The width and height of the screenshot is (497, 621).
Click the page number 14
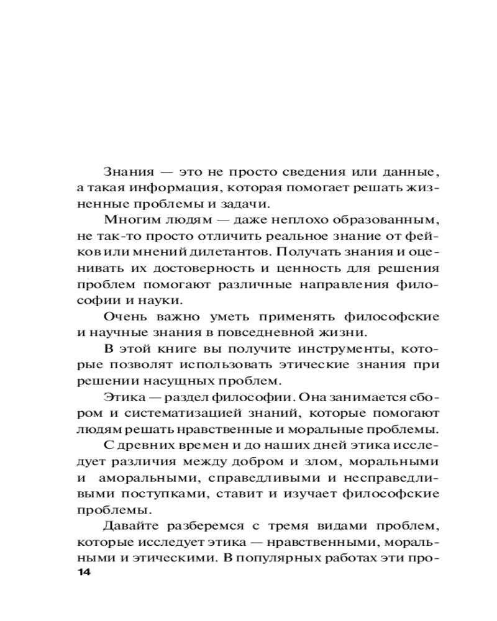tap(83, 571)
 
